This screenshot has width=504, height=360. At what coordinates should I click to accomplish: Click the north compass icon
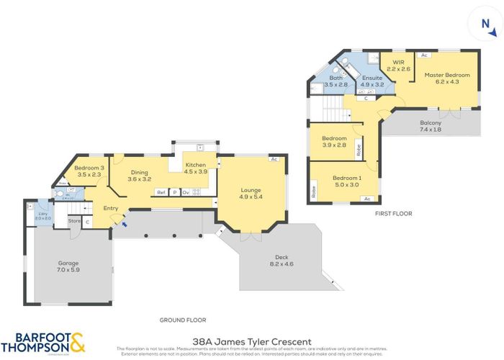[x=487, y=27]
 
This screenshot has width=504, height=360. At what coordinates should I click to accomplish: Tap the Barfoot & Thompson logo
[x=46, y=343]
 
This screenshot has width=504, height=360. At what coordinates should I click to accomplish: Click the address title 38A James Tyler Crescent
[x=252, y=341]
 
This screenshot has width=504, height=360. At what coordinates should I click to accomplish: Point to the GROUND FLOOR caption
[x=183, y=320]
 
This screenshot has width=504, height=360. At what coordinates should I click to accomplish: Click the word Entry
[x=111, y=208]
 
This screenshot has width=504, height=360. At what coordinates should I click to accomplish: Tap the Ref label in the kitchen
[x=161, y=192]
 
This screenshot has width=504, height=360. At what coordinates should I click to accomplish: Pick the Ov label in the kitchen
[x=185, y=192]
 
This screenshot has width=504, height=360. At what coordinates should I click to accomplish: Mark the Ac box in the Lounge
[x=274, y=159]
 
